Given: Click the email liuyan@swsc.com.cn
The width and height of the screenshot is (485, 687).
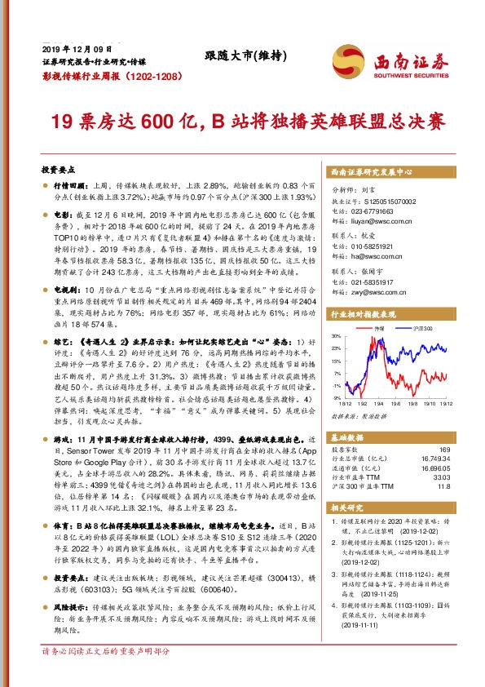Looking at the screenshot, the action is (x=377, y=219).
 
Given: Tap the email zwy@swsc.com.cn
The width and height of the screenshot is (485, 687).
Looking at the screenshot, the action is (x=374, y=287).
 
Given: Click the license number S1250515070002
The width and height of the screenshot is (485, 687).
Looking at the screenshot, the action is (x=385, y=201).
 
